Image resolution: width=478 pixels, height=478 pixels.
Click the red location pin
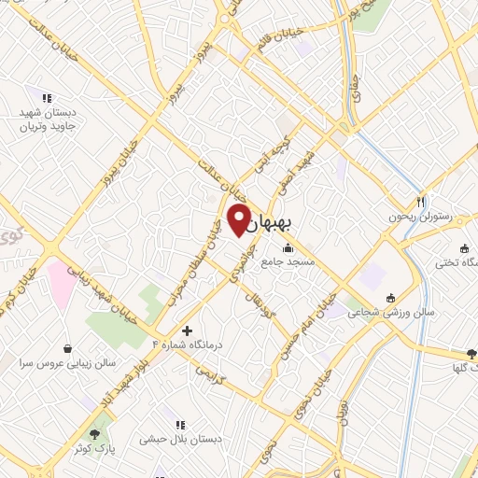tap(239, 218)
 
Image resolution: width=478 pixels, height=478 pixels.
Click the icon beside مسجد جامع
tap(287, 248)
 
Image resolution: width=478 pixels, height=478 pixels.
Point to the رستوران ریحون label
tap(421, 217)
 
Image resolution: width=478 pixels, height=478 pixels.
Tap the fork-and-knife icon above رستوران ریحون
tap(421, 201)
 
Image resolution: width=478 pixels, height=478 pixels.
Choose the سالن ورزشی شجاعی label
tap(378, 315)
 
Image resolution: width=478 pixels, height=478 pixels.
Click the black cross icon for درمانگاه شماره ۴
tap(188, 330)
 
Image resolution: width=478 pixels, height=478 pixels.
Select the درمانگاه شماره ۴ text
tap(199, 345)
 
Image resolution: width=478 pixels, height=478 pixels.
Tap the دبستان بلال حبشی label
tap(180, 438)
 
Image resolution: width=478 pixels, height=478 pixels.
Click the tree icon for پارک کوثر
tap(93, 434)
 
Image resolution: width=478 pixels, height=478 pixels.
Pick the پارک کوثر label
tap(93, 450)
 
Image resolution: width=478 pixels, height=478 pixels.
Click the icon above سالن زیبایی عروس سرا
tap(66, 344)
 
